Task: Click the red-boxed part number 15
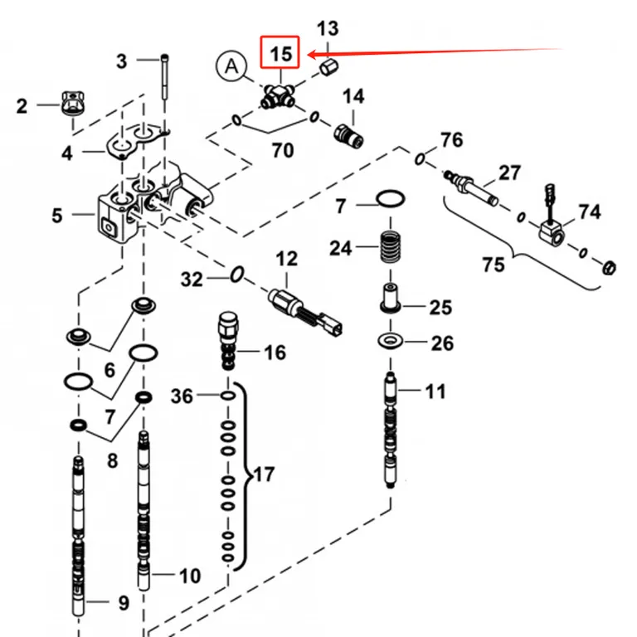[280, 54]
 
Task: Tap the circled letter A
[231, 66]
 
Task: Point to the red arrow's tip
[309, 54]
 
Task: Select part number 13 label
[328, 29]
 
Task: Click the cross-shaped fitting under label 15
[279, 97]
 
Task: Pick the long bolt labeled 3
[164, 77]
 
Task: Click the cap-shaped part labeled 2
[73, 103]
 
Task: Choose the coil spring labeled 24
[390, 246]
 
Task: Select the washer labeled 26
[390, 340]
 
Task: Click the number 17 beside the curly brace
[264, 474]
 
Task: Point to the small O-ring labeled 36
[227, 396]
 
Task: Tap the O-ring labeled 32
[237, 275]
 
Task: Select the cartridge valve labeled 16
[228, 340]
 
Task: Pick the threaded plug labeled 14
[348, 136]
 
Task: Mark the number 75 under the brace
[494, 265]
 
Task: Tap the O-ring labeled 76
[420, 159]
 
